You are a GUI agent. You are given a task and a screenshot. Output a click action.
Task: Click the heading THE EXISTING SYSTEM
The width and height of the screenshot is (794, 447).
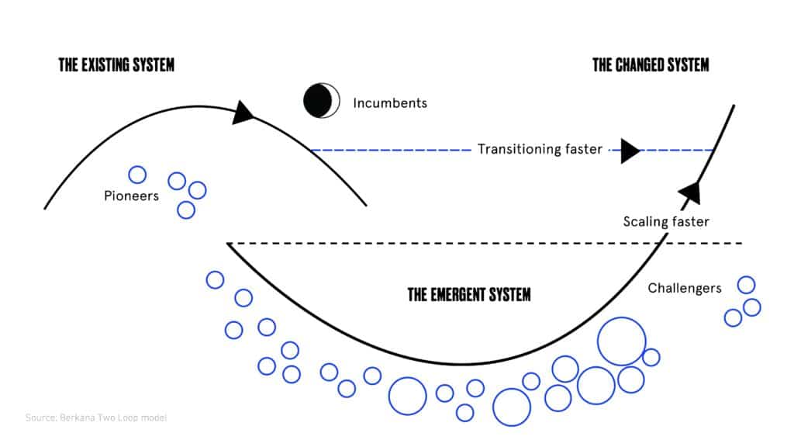[116, 64]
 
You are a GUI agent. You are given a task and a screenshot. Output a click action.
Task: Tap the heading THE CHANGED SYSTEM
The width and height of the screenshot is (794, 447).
[651, 64]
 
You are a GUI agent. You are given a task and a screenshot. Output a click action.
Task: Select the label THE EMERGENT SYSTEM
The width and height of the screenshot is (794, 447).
[469, 295]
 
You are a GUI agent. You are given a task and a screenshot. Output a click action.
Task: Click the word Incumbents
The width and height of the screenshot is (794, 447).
[390, 102]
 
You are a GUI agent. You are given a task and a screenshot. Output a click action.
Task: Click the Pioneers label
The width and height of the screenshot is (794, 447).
[131, 196]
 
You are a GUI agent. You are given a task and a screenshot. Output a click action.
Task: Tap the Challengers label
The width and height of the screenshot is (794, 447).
[685, 289]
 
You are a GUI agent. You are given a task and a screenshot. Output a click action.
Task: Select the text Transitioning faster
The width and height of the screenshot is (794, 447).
[540, 149]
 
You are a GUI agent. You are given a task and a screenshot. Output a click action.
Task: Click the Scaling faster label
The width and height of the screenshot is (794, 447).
[666, 222]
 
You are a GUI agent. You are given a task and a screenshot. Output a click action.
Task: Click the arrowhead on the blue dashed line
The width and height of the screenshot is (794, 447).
[630, 150]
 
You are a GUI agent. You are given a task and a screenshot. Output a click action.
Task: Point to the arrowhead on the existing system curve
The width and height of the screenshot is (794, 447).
[243, 113]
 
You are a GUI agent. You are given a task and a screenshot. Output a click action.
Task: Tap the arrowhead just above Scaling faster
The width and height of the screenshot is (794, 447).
[689, 191]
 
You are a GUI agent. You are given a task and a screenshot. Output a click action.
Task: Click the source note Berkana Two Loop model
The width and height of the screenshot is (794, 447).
[96, 418]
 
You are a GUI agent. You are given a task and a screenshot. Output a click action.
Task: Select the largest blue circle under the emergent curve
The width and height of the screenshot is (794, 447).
[622, 341]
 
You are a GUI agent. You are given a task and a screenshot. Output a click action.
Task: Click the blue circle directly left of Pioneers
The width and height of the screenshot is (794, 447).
[137, 175]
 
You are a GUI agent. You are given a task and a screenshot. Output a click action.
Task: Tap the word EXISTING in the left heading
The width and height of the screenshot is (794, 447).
[106, 64]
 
